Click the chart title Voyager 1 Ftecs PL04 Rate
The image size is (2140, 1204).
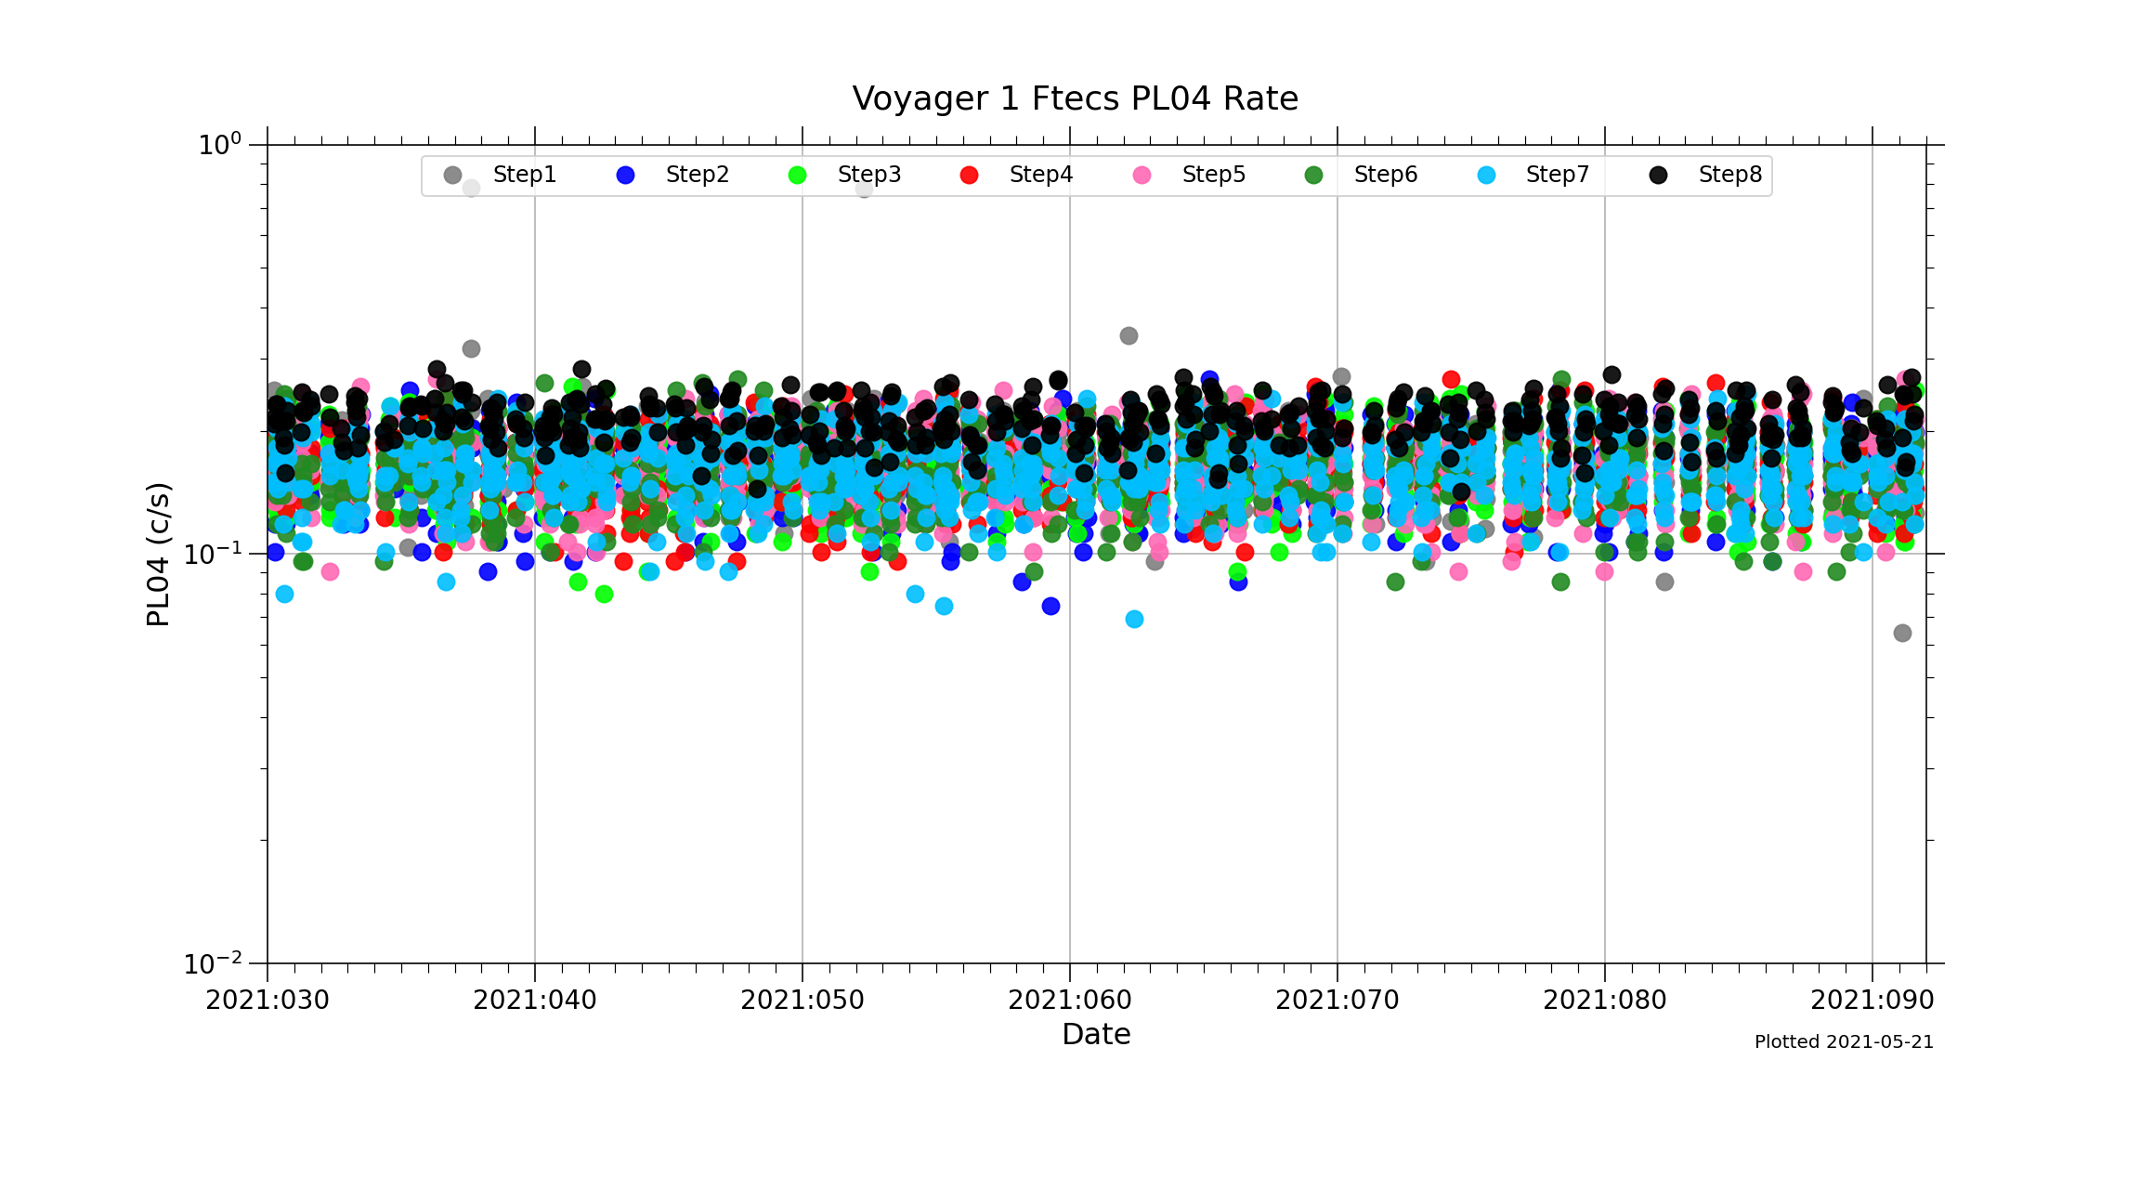(1075, 98)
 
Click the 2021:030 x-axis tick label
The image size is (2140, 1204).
(267, 1001)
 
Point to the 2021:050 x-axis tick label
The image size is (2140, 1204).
(802, 1001)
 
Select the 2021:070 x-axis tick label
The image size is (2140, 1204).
(1337, 1001)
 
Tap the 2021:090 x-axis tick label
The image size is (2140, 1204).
(1872, 1001)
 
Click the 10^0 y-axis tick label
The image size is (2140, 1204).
(220, 145)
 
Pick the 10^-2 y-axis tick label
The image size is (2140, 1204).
(213, 963)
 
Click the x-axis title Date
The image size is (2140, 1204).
(1096, 1035)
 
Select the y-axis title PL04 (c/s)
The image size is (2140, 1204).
(159, 555)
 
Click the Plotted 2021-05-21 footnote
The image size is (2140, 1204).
(1844, 1042)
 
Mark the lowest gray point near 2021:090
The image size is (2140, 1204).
(1902, 634)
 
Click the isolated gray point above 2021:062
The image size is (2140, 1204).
(1129, 335)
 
